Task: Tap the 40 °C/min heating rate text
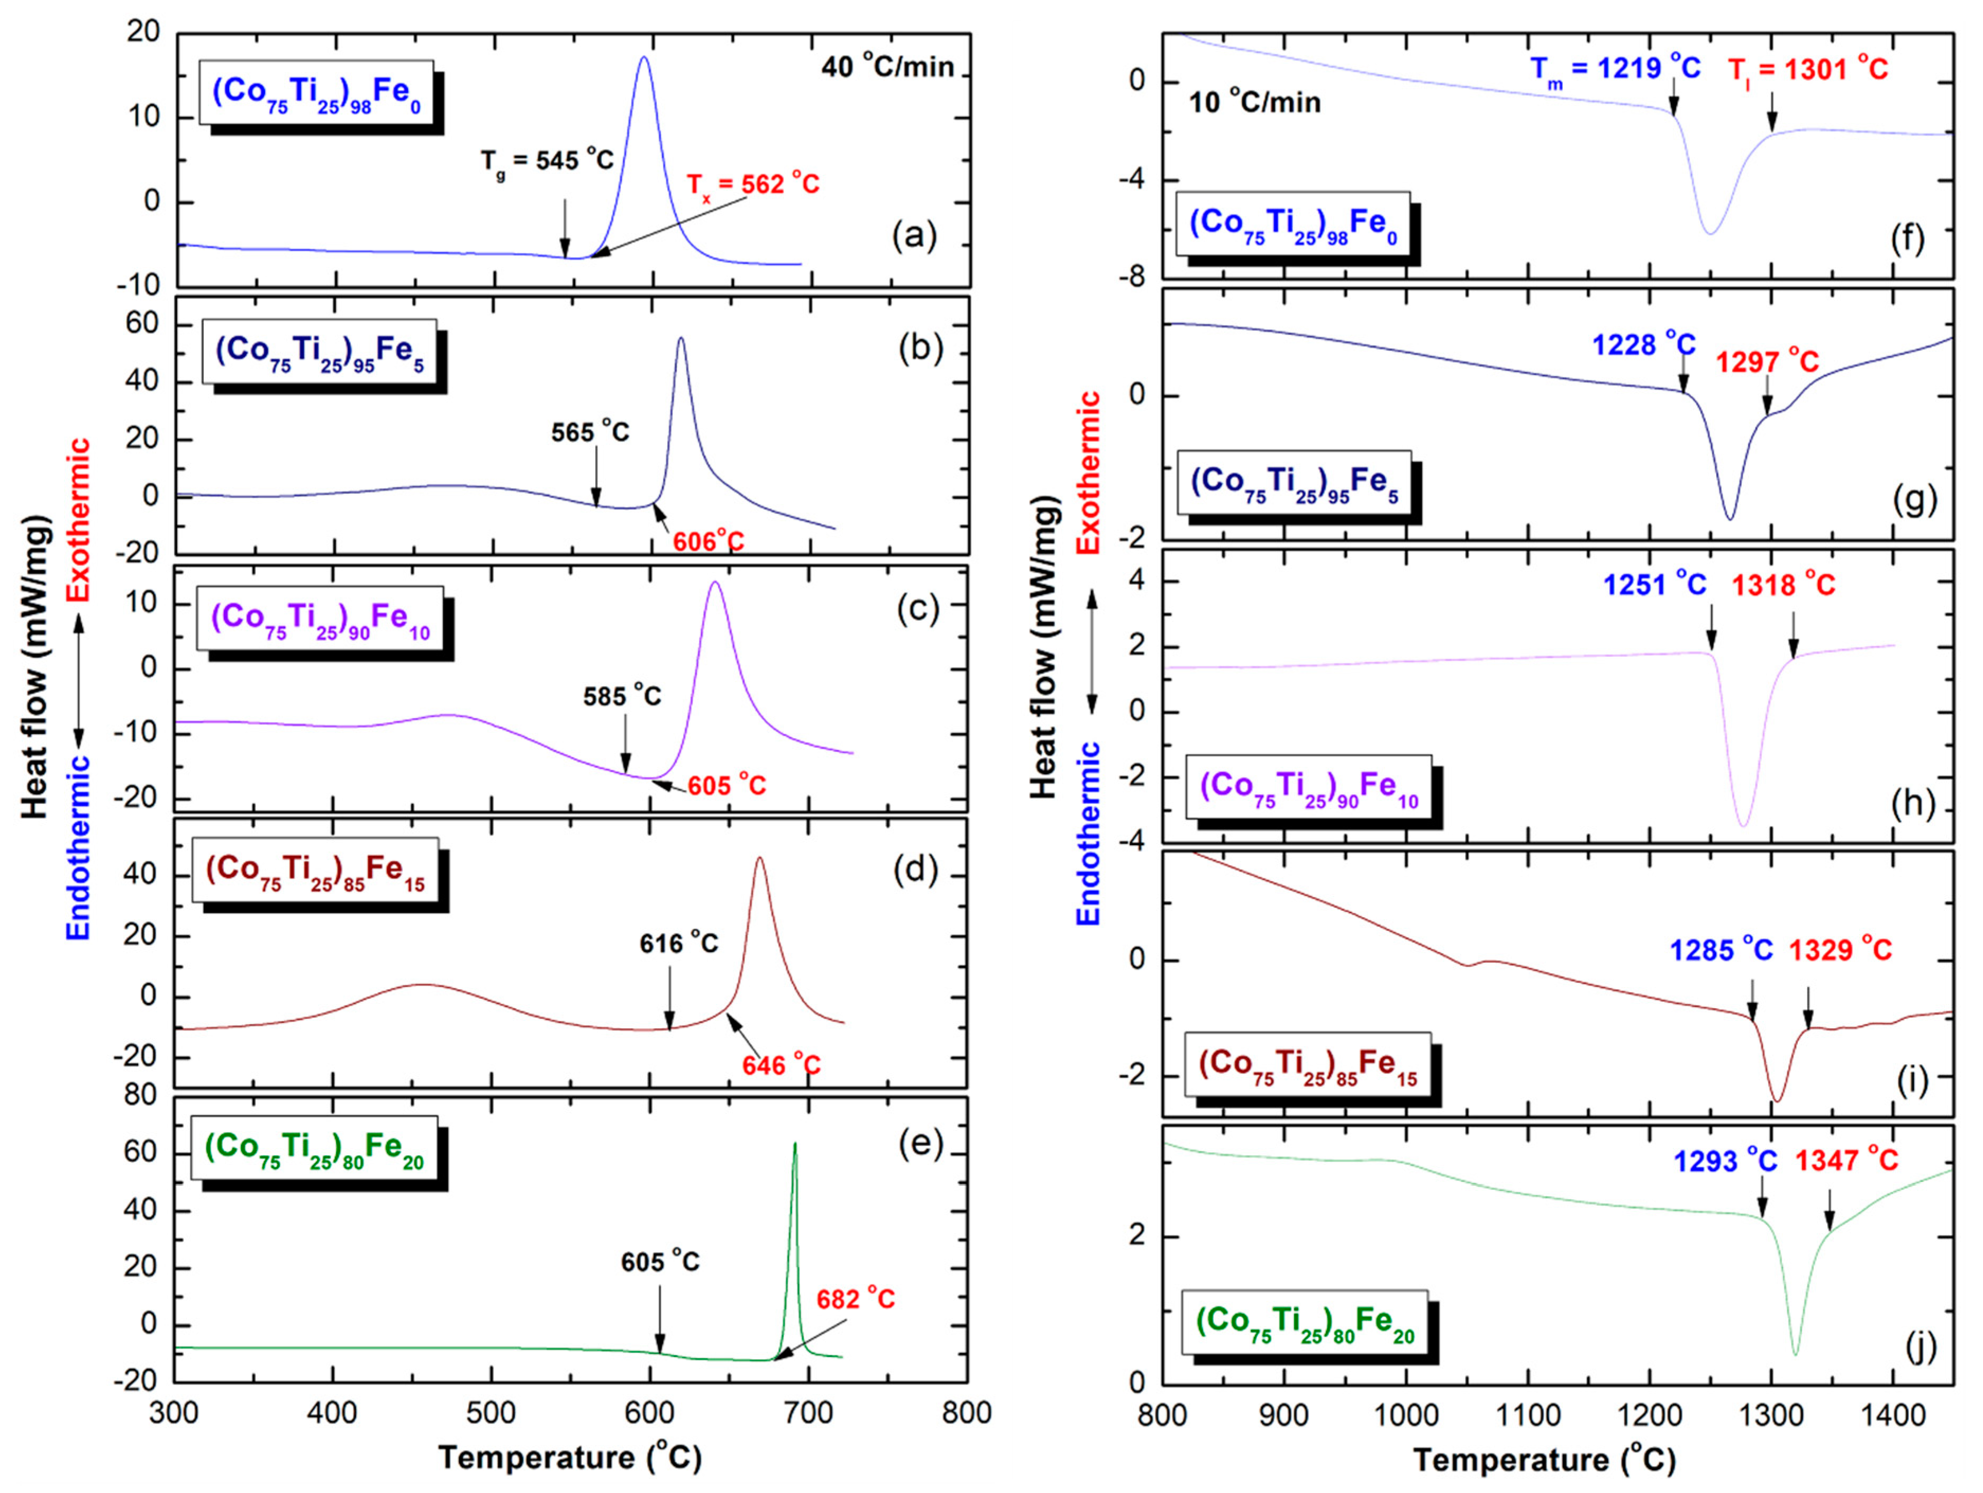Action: (x=887, y=66)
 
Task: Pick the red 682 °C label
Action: (x=855, y=1299)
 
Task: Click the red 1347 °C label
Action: (x=1846, y=1160)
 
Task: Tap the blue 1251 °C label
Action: (x=1654, y=585)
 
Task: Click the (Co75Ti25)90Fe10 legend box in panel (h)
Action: (x=1309, y=788)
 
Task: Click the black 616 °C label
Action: (x=679, y=943)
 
